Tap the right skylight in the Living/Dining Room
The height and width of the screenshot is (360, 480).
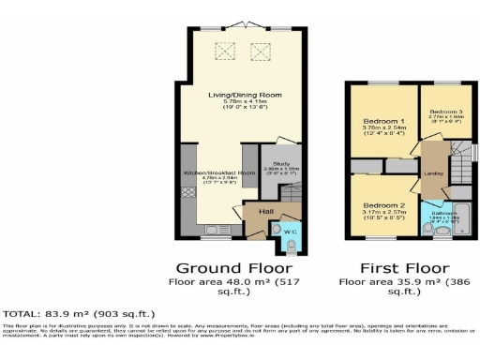(x=261, y=51)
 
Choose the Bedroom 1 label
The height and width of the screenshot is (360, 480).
(x=383, y=122)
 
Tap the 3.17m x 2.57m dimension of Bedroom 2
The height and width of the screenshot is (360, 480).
(x=383, y=214)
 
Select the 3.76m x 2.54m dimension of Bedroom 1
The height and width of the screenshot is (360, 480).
(x=383, y=131)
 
